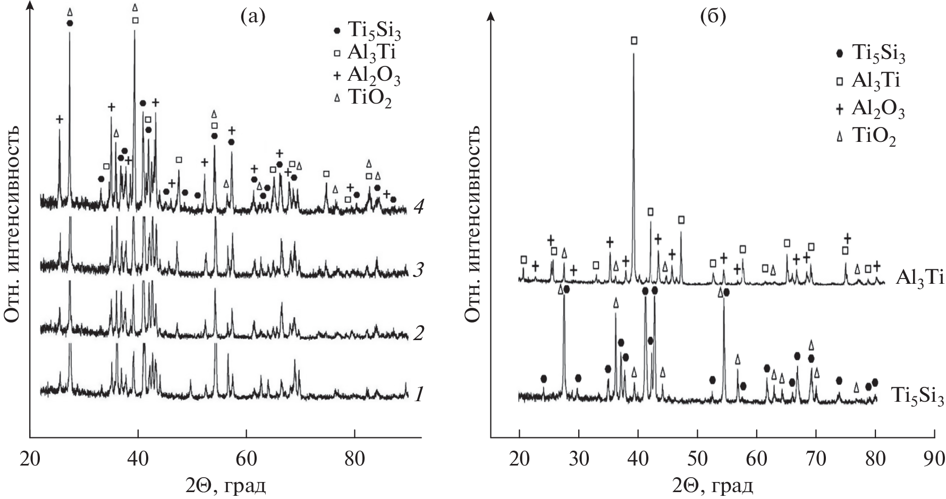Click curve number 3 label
(x=418, y=271)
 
